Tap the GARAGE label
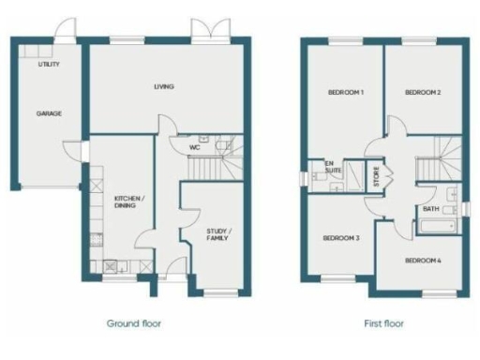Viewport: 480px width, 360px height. (x=49, y=112)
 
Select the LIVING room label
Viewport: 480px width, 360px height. (x=166, y=87)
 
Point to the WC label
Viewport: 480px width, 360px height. (x=195, y=147)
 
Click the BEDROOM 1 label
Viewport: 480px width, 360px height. (x=345, y=93)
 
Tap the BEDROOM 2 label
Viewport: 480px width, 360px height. (x=423, y=93)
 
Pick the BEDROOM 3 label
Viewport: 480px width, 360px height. (x=341, y=239)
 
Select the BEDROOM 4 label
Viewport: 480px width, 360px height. (x=423, y=260)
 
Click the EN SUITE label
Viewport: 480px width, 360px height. (x=331, y=169)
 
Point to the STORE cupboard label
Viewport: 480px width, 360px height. (x=377, y=175)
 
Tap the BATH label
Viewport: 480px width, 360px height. (x=431, y=209)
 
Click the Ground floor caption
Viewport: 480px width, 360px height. (x=133, y=322)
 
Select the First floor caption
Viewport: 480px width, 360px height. (x=383, y=322)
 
